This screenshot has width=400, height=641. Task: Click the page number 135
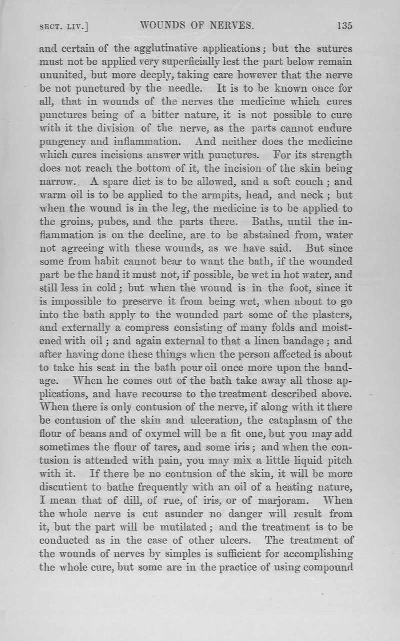344,26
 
